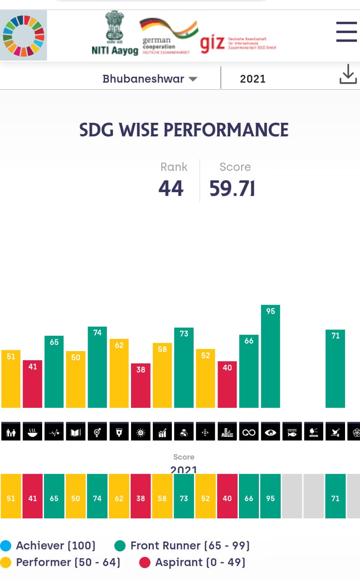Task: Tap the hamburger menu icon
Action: pyautogui.click(x=346, y=32)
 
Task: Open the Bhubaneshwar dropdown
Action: pyautogui.click(x=150, y=79)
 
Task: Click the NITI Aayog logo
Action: pyautogui.click(x=115, y=34)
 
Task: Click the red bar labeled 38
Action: pyautogui.click(x=141, y=385)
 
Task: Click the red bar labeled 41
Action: pyautogui.click(x=32, y=384)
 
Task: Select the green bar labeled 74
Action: pyautogui.click(x=97, y=367)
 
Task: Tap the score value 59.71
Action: pyautogui.click(x=232, y=188)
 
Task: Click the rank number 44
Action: pyautogui.click(x=171, y=188)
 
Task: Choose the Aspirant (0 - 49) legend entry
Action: pyautogui.click(x=200, y=562)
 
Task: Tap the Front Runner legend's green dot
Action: pyautogui.click(x=120, y=546)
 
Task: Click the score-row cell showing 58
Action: pyautogui.click(x=162, y=498)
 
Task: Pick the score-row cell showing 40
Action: pyautogui.click(x=227, y=498)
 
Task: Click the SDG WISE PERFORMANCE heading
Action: pyautogui.click(x=184, y=130)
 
